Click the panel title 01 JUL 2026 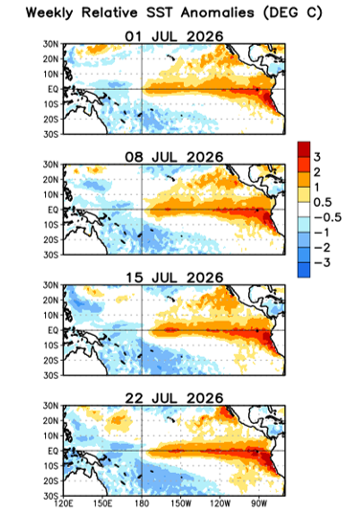tap(173, 36)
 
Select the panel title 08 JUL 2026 tap(173, 157)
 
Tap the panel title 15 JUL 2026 tap(173, 278)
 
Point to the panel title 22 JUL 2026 tap(173, 398)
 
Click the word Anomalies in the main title tap(217, 13)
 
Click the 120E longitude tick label tap(63, 503)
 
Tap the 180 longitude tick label tap(142, 503)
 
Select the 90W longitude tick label tap(259, 503)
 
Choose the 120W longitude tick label tap(220, 503)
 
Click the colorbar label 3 tap(317, 157)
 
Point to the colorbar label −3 tap(323, 263)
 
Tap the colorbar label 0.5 tap(323, 203)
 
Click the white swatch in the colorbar tap(304, 210)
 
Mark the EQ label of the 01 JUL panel tap(53, 89)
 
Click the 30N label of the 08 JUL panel tap(51, 165)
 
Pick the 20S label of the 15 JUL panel tap(51, 361)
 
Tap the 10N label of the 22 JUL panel tap(51, 436)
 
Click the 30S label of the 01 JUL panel tap(51, 134)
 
